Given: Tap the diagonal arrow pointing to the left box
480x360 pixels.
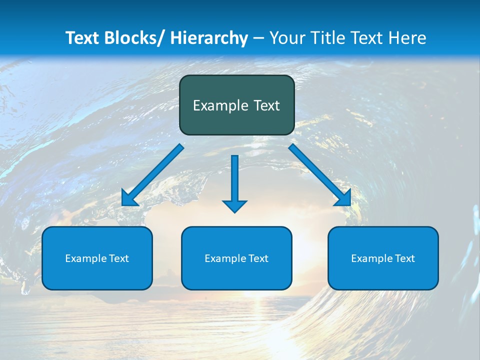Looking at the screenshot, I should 153,175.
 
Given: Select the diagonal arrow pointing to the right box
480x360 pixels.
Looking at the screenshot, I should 320,175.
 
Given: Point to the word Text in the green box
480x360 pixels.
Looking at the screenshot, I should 266,105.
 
